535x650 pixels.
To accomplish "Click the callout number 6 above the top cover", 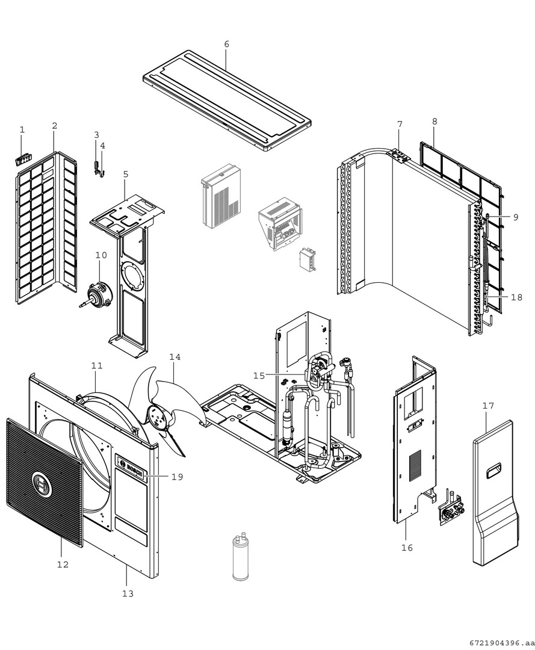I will click(226, 45).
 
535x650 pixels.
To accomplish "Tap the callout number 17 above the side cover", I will click(488, 406).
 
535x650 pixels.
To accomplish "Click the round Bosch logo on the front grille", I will click(45, 483).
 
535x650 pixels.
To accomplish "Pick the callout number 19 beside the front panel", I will click(177, 477).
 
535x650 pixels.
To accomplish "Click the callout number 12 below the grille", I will click(63, 565).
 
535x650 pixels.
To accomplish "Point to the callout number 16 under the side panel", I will click(407, 548).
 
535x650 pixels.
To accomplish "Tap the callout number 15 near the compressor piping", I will click(259, 376).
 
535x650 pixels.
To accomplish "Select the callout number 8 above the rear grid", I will click(434, 122).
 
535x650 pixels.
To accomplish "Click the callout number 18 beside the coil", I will click(516, 297).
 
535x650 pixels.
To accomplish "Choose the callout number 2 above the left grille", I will click(55, 126).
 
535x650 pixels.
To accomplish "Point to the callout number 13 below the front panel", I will click(127, 593).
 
